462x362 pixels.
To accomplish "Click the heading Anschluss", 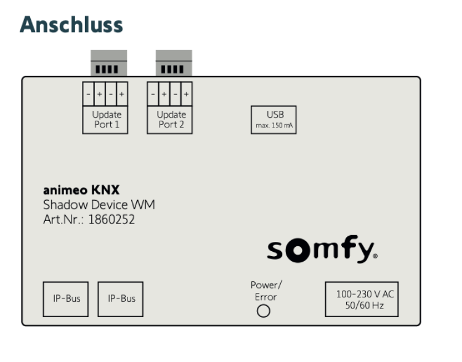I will click(71, 25).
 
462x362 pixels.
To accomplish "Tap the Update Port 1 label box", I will click(105, 119).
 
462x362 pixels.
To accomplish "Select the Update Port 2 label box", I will click(170, 119).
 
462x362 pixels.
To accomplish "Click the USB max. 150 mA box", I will click(274, 119).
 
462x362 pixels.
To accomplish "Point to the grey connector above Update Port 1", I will click(109, 64).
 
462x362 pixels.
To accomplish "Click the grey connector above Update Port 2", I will click(174, 64).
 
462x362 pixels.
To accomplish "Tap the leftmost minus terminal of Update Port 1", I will click(89, 94).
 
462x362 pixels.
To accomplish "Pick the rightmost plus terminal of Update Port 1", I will click(121, 94).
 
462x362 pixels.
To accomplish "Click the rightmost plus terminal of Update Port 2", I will click(185, 94).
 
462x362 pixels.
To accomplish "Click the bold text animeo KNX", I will click(81, 190).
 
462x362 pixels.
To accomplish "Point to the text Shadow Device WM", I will click(99, 204).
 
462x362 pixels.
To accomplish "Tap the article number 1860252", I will click(111, 219).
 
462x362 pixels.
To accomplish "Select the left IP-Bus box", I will click(65, 299).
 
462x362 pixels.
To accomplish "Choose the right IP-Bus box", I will click(121, 299).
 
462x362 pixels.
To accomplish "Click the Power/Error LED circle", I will click(264, 312).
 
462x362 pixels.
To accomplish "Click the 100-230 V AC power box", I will click(362, 299).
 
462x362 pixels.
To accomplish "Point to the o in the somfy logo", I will click(296, 251).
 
